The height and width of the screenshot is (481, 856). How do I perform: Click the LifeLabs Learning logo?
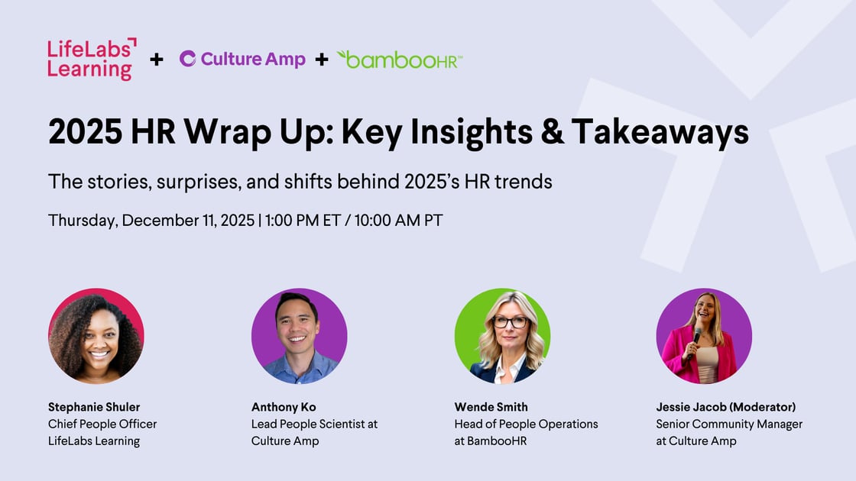coord(92,59)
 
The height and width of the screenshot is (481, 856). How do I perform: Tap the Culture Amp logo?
coord(242,59)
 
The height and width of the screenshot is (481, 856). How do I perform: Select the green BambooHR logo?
coord(400,60)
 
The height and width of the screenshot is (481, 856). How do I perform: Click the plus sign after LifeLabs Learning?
coord(157,59)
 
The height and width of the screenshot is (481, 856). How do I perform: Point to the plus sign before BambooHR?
coord(322,59)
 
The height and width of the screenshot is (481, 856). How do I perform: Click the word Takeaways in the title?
coord(660,133)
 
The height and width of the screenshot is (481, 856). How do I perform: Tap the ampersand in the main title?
coord(553,131)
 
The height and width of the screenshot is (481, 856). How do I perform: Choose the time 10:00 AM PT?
coord(398,221)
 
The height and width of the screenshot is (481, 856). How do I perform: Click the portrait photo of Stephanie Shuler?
coord(96,336)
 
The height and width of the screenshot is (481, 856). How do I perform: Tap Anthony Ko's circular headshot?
coord(299,336)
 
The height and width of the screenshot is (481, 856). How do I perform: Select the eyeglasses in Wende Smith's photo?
coord(510,321)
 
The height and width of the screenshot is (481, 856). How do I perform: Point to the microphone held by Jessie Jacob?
coord(695,342)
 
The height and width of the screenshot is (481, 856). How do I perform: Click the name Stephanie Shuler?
coord(94,408)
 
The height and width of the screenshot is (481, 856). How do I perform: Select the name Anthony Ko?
coord(284,408)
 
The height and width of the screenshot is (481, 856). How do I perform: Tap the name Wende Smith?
coord(491,408)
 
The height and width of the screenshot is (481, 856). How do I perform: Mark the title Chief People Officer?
coord(102,425)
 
